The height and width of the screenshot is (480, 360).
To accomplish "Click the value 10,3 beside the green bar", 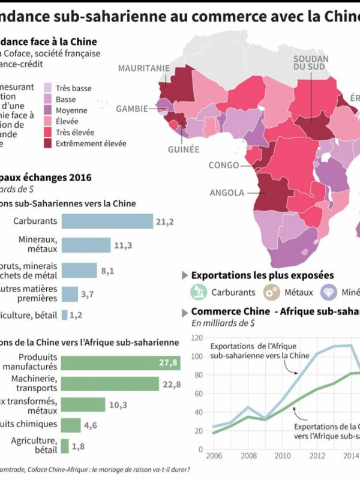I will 118,405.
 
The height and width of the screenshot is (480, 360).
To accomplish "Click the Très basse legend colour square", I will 47,88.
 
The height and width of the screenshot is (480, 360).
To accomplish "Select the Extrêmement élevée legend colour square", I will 47,143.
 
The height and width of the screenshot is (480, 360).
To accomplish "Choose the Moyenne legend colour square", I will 47,110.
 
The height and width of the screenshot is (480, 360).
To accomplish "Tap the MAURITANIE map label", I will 143,68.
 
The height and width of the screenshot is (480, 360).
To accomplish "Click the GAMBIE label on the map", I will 132,109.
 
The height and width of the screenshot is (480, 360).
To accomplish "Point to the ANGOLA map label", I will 226,193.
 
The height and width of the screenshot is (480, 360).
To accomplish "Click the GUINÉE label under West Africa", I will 184,149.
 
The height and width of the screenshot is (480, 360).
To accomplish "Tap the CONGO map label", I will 223,165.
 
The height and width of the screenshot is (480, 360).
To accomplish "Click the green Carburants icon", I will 199,292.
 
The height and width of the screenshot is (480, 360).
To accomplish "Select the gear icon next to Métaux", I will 271,292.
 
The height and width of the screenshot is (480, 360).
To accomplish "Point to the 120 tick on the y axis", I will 196,338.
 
